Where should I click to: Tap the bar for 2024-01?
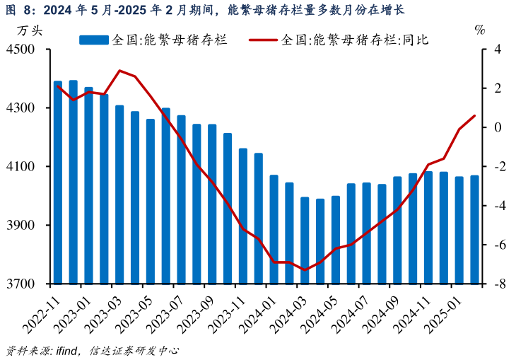(x=274, y=229)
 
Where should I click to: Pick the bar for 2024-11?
(x=428, y=227)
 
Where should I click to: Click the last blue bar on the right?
(x=474, y=229)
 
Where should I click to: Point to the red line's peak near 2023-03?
(x=119, y=71)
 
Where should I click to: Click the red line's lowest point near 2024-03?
(x=305, y=270)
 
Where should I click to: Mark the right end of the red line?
(x=474, y=115)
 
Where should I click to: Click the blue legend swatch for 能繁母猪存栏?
(x=93, y=40)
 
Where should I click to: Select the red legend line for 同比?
(x=264, y=40)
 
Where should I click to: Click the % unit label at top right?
(x=480, y=30)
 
